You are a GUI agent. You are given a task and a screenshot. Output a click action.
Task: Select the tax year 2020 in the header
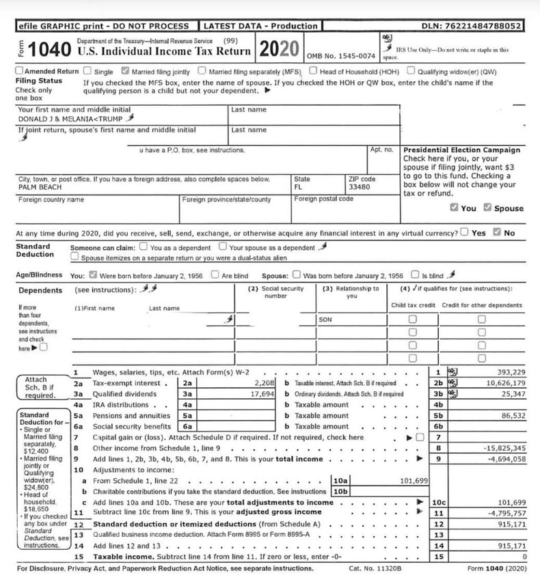[279, 49]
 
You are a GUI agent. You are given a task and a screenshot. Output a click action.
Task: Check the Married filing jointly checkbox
[125, 70]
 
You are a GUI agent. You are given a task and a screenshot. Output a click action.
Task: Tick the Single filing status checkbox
[87, 70]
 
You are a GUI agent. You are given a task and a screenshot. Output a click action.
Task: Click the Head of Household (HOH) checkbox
[312, 70]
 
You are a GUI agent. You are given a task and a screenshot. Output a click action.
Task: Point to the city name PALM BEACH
[40, 187]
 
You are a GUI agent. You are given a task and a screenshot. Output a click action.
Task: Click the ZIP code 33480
[359, 187]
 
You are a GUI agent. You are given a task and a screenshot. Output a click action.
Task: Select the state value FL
[299, 187]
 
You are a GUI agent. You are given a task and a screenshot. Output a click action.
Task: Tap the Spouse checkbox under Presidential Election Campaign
[487, 208]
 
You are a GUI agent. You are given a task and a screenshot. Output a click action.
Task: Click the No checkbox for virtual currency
[497, 232]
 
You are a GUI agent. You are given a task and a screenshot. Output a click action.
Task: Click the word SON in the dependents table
[325, 319]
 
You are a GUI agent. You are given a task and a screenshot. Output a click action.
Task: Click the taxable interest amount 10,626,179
[502, 383]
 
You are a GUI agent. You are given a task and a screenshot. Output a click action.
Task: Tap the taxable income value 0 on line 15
[523, 557]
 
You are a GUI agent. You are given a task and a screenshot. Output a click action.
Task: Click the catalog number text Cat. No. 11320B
[375, 568]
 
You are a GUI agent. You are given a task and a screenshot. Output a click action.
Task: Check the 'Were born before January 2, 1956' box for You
[93, 276]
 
